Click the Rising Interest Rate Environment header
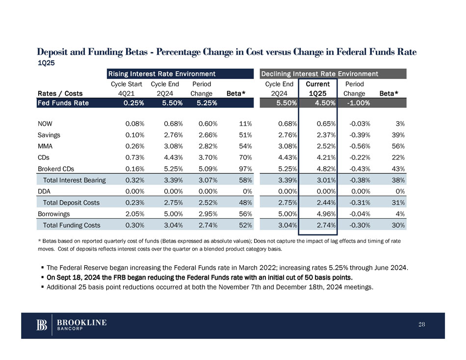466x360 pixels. click(162, 74)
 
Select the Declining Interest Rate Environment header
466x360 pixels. click(319, 74)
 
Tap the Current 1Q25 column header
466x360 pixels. click(318, 89)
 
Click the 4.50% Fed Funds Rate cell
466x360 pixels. click(325, 103)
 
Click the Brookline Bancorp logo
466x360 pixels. click(71, 325)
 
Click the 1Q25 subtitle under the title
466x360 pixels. click(47, 63)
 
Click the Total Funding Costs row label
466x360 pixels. click(72, 225)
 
